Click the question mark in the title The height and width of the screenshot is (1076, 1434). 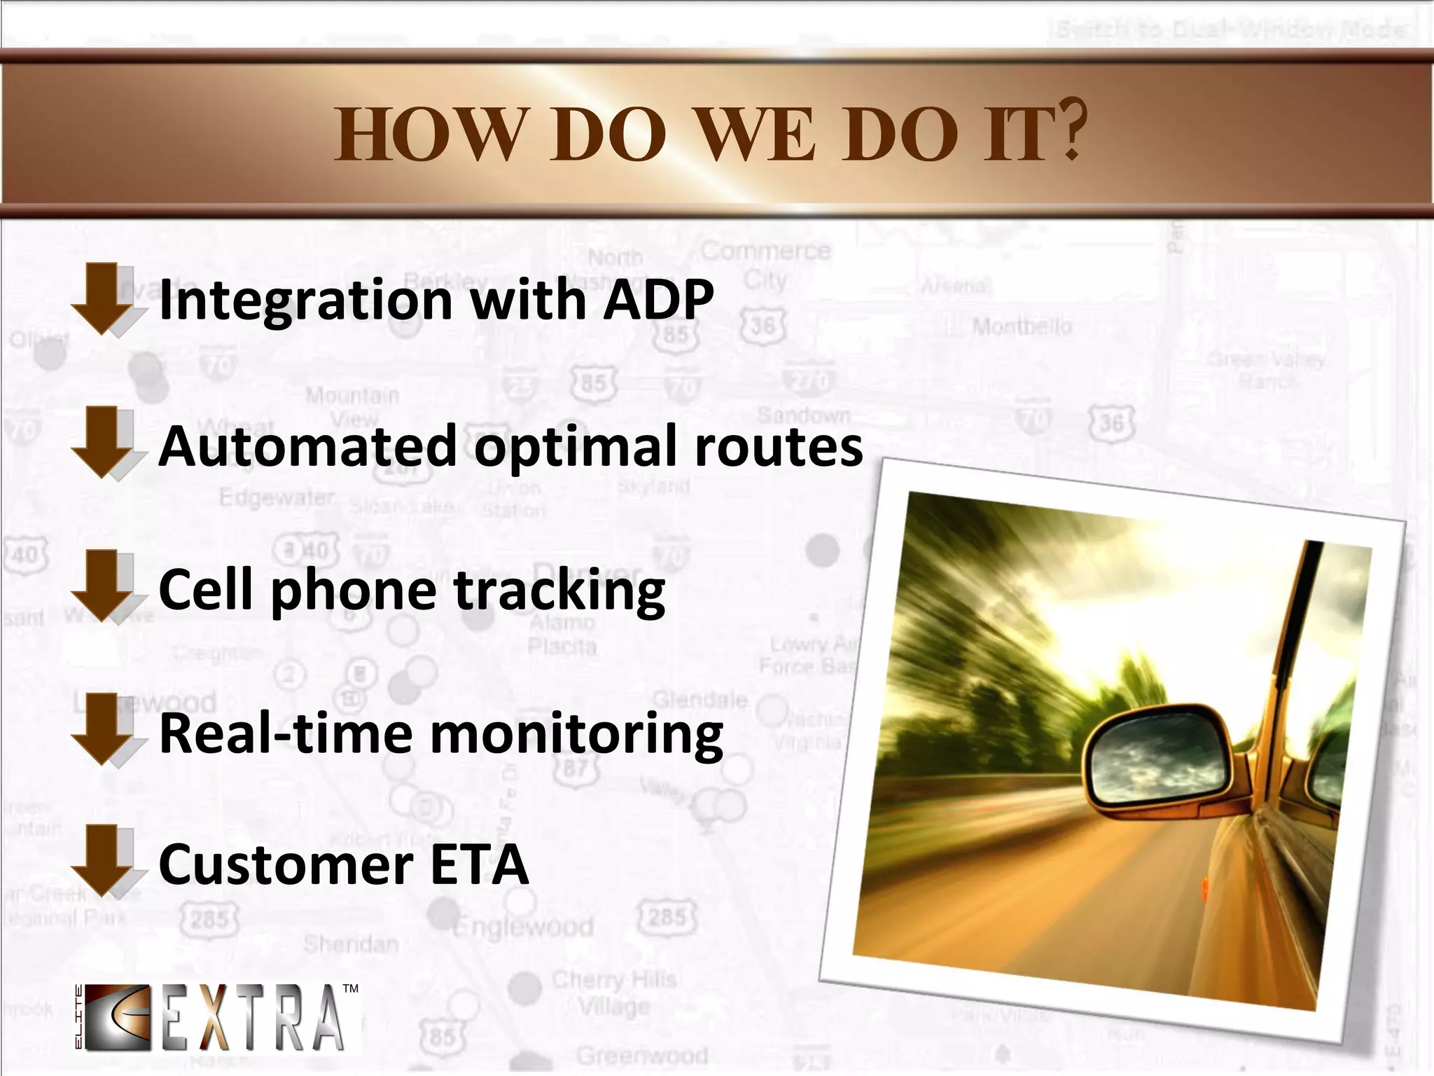1070,130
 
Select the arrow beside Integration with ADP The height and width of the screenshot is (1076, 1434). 102,299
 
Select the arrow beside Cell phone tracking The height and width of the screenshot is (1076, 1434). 102,586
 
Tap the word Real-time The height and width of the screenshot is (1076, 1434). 286,733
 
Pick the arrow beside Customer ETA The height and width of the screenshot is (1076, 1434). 102,860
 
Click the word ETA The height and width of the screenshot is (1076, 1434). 479,864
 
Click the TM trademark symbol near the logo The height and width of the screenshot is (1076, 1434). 351,988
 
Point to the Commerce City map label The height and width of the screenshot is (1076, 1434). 765,265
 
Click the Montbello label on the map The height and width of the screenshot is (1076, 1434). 1022,326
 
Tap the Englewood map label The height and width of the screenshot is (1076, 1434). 524,927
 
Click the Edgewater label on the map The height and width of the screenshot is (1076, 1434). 277,497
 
